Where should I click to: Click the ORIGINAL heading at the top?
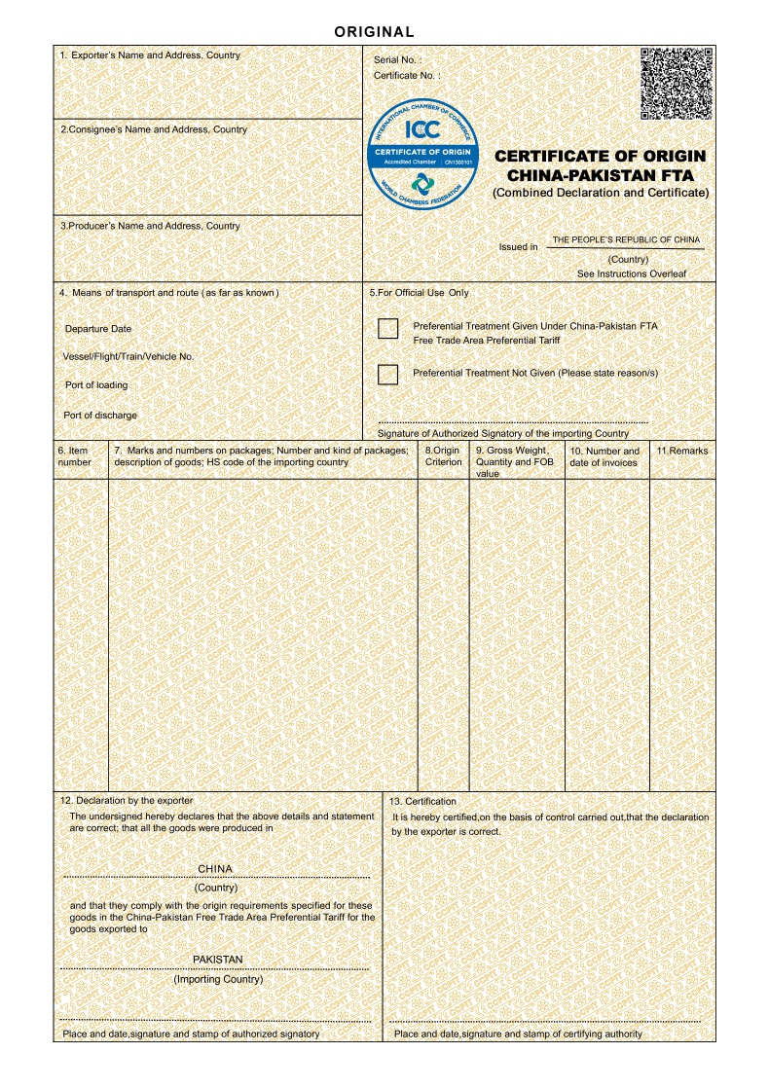tap(375, 32)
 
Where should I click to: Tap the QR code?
tap(677, 83)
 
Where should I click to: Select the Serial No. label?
tap(397, 60)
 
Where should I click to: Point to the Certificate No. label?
tap(407, 75)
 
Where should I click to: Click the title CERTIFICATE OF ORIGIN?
tap(601, 156)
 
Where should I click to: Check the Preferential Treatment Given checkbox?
tap(388, 328)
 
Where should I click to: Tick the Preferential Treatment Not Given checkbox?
tap(388, 374)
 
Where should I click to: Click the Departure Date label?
tap(97, 329)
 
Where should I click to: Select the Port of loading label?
tap(95, 385)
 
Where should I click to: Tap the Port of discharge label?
tap(100, 416)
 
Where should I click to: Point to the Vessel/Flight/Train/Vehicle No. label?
tap(128, 356)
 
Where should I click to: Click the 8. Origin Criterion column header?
tap(443, 456)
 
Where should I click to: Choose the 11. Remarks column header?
tap(681, 451)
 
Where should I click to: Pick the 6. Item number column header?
tap(74, 456)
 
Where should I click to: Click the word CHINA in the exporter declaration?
tap(215, 868)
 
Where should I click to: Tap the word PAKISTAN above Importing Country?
tap(217, 960)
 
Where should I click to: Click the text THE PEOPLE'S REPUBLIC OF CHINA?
tap(626, 239)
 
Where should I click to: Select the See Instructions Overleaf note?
tap(631, 273)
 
